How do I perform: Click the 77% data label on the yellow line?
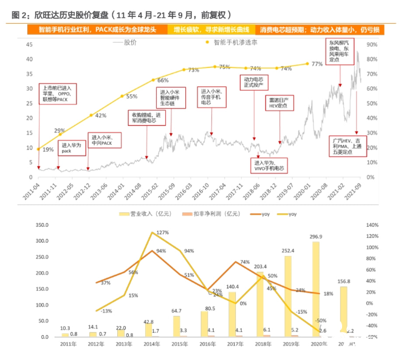pos(317,63)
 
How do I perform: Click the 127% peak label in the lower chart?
pos(162,233)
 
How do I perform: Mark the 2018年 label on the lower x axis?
pos(260,344)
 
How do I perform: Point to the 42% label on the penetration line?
pos(101,115)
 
